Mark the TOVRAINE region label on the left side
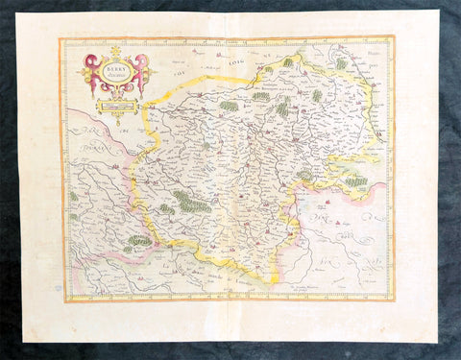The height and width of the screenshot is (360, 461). point(96,154)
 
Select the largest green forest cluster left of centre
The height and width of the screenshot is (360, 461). point(193,202)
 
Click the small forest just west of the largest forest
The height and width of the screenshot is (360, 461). point(166,208)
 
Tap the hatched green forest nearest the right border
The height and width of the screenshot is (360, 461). point(356,180)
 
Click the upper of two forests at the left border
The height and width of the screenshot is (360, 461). point(72,196)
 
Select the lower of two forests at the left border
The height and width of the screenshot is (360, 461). point(72,217)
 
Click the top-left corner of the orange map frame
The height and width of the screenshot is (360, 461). point(61,39)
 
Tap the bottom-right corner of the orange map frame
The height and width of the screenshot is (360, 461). point(394,300)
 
